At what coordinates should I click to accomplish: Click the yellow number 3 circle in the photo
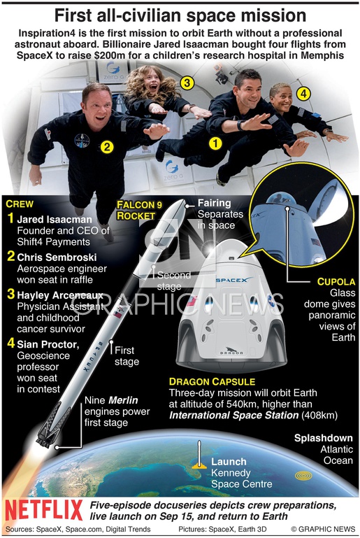[187, 83]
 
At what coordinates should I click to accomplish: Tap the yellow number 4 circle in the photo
[303, 93]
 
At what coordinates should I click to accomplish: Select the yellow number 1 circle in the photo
[216, 143]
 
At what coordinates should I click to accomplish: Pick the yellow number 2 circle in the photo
[108, 147]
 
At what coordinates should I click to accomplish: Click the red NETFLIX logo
[44, 510]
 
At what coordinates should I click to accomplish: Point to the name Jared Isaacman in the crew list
[55, 220]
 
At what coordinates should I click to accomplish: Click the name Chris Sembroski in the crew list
[57, 257]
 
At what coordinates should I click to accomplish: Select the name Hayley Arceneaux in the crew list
[60, 295]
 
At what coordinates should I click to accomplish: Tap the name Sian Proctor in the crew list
[48, 344]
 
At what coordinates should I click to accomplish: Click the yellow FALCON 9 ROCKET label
[139, 211]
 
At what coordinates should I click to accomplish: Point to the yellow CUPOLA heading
[336, 282]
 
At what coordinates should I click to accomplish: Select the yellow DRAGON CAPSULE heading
[213, 382]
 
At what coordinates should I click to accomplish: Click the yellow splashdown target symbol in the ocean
[303, 476]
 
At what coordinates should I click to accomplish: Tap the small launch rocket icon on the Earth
[199, 455]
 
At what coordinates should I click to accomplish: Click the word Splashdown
[324, 438]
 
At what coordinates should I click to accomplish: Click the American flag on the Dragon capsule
[192, 302]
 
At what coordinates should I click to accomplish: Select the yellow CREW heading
[20, 204]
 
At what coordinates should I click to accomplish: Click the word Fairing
[215, 203]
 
